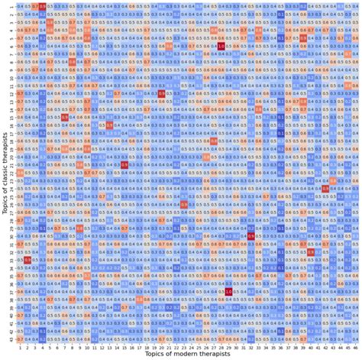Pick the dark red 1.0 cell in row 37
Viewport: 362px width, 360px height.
228,290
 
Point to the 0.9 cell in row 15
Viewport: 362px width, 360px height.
64,117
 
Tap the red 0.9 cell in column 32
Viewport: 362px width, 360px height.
250,236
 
